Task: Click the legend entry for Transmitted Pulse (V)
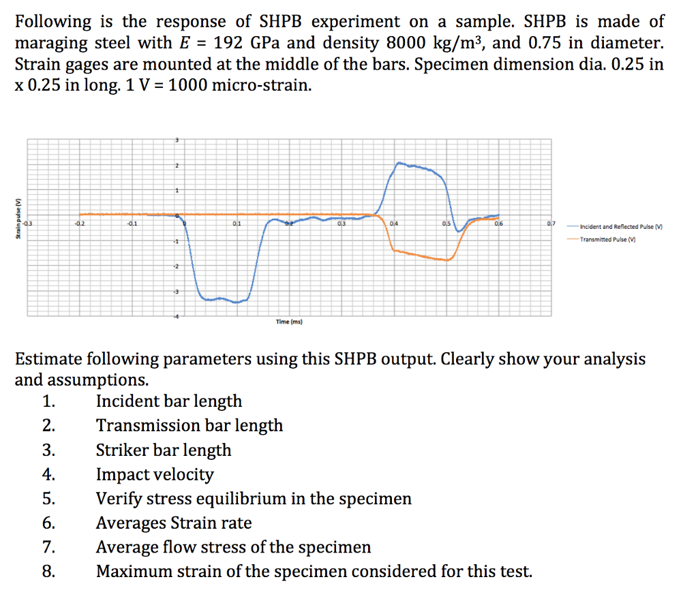pyautogui.click(x=607, y=239)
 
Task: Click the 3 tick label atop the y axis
pyautogui.click(x=177, y=139)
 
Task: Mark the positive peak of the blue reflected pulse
pyautogui.click(x=399, y=163)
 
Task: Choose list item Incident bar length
pyautogui.click(x=168, y=401)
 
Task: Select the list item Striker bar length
pyautogui.click(x=164, y=450)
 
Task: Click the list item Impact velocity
pyautogui.click(x=155, y=474)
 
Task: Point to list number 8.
pyautogui.click(x=48, y=572)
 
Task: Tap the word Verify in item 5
pyautogui.click(x=119, y=499)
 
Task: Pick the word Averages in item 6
pyautogui.click(x=130, y=523)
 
